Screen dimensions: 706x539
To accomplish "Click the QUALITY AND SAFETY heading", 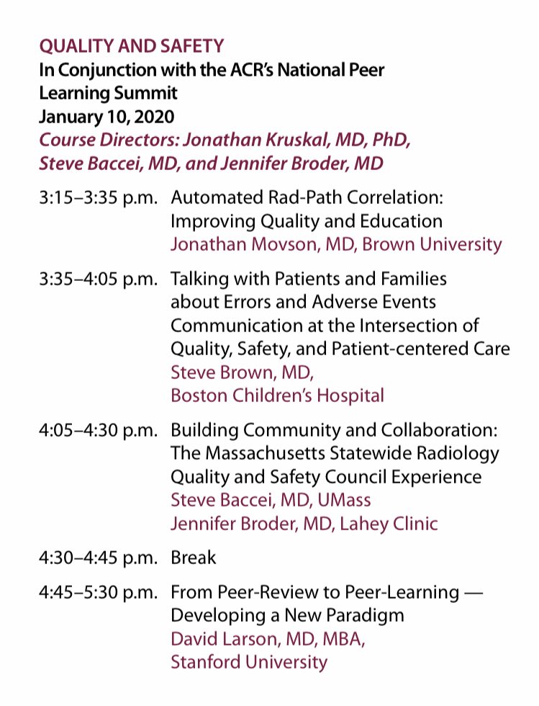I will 131,46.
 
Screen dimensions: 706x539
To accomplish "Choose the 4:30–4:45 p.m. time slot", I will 99,557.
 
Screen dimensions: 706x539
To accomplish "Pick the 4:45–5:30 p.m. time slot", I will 99,592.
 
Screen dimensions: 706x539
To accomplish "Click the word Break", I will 194,557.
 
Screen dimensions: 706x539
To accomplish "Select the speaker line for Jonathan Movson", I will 336,243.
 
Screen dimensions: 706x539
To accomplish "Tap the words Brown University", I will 432,243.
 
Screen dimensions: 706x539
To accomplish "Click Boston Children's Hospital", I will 277,396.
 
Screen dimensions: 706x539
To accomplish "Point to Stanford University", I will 248,661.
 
